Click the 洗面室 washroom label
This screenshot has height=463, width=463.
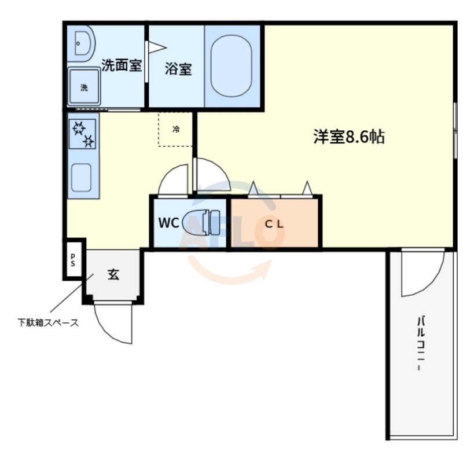point(122,65)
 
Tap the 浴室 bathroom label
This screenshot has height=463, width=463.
point(178,69)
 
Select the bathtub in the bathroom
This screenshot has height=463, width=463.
point(231,66)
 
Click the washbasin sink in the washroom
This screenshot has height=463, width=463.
point(82,43)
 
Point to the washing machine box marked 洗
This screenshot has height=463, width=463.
point(84,87)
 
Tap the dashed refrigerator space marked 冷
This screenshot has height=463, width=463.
point(175,130)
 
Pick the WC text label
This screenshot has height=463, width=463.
point(168,223)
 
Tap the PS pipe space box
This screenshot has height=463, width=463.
point(74,259)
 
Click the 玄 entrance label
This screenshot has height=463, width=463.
point(113,275)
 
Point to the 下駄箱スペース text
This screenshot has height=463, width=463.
point(47,323)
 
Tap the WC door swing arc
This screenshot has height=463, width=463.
point(172,178)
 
